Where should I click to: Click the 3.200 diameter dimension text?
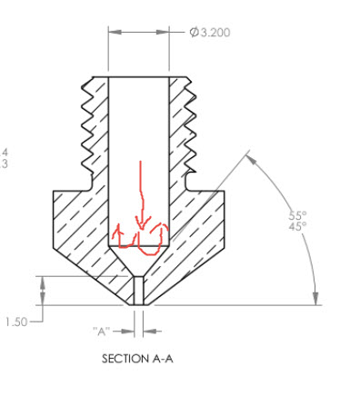pyautogui.click(x=215, y=33)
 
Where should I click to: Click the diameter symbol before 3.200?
pyautogui.click(x=195, y=33)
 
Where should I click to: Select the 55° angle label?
pyautogui.click(x=298, y=215)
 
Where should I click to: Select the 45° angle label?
pyautogui.click(x=298, y=227)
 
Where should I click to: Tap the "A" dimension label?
pyautogui.click(x=101, y=332)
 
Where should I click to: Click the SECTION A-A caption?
pyautogui.click(x=137, y=359)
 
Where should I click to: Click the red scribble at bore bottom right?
pyautogui.click(x=158, y=239)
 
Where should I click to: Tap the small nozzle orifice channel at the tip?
pyautogui.click(x=137, y=291)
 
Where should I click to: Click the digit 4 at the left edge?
pyautogui.click(x=5, y=153)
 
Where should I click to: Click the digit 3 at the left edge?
pyautogui.click(x=5, y=164)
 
